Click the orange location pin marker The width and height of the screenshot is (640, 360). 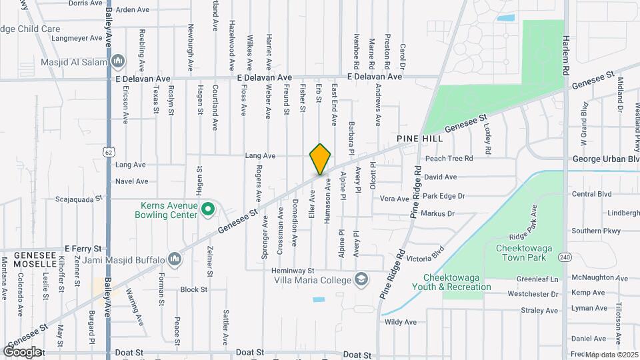point(321,159)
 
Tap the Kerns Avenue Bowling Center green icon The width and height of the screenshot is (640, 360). point(207,210)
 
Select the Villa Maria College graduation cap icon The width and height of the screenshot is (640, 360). point(361,279)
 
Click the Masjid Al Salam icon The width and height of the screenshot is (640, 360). point(119,61)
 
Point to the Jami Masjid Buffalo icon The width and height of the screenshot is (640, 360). point(175,258)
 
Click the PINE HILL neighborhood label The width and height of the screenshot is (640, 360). point(419,139)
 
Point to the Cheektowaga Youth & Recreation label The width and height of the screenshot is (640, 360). point(457,282)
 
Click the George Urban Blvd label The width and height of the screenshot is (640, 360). point(606,159)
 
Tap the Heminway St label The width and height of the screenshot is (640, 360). point(293,271)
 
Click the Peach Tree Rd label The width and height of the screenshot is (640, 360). point(449,159)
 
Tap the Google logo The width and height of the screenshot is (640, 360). point(22,351)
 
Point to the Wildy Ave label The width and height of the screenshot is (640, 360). point(401,322)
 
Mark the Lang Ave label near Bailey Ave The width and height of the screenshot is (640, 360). point(130,165)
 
